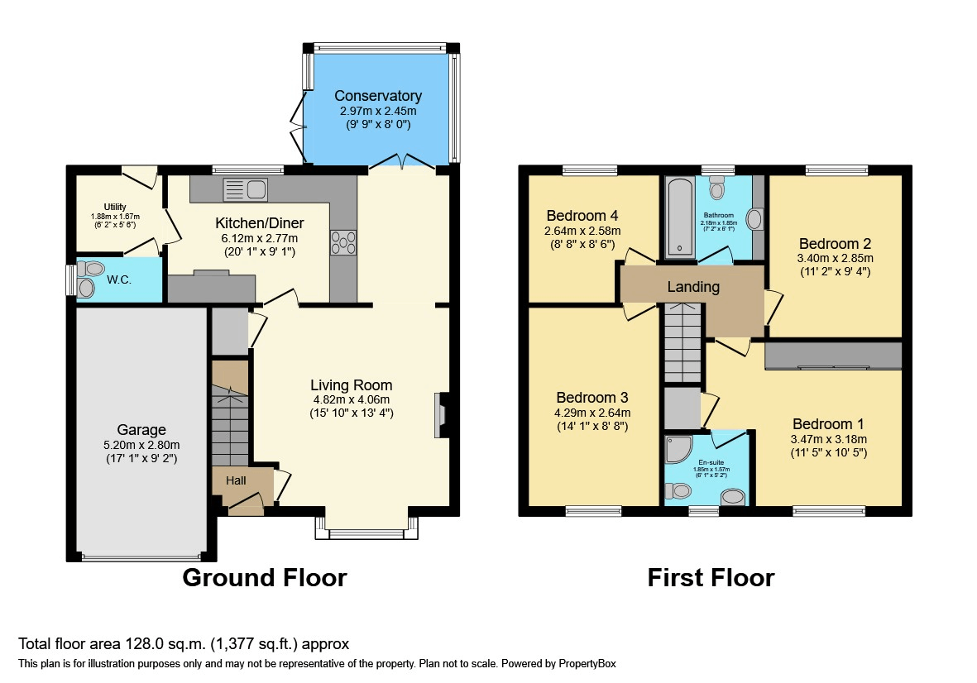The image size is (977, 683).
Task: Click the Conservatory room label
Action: tap(377, 96)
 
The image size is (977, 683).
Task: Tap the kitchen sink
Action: tap(245, 189)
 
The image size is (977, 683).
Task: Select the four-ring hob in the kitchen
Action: tap(343, 241)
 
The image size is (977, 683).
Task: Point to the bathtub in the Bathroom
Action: tap(679, 217)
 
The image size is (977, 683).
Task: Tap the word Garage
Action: tap(141, 430)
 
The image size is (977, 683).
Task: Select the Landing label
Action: tap(694, 288)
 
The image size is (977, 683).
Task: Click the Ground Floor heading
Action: tap(264, 577)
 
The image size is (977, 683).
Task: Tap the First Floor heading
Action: tap(711, 577)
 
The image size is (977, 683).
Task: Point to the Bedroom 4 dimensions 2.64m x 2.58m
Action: tap(582, 231)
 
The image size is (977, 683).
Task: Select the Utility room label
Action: tap(115, 207)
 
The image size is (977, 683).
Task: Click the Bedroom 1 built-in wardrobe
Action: tap(832, 356)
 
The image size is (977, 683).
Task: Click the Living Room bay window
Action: tap(365, 533)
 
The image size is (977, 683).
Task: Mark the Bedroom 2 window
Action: tap(837, 170)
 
